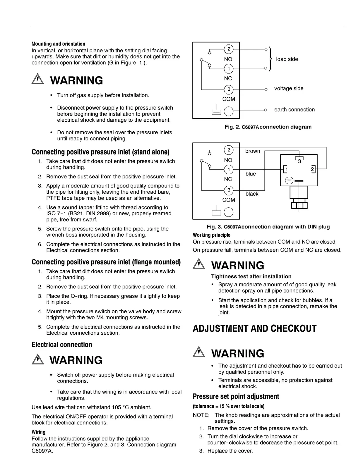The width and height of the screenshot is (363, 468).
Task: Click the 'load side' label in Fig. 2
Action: click(x=287, y=59)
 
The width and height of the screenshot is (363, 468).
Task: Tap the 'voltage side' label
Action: click(x=289, y=88)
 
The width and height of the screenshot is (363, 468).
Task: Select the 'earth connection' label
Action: click(x=294, y=110)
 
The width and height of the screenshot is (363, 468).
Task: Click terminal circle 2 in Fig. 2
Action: click(x=229, y=49)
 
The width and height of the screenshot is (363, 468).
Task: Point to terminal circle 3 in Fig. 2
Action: click(x=229, y=89)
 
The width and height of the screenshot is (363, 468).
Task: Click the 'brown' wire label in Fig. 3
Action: click(x=253, y=151)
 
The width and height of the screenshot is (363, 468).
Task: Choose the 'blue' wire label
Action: click(x=251, y=174)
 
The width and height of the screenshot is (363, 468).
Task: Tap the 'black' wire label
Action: click(x=252, y=194)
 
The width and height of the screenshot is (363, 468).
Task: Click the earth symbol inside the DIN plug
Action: click(x=289, y=180)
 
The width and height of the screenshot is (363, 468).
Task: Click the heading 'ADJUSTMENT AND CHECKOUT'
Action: click(x=254, y=328)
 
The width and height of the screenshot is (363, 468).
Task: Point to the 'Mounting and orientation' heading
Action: click(x=58, y=44)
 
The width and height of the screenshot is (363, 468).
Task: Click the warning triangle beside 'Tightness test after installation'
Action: click(x=199, y=264)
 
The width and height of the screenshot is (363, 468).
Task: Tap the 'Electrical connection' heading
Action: click(x=62, y=345)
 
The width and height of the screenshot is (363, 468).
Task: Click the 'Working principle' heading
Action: click(x=211, y=235)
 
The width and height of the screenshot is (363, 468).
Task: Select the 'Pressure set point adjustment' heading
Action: click(x=236, y=396)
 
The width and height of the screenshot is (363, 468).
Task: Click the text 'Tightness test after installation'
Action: click(x=251, y=276)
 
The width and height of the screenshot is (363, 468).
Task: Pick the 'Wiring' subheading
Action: click(x=38, y=432)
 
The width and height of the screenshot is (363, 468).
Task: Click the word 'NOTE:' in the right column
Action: click(x=201, y=415)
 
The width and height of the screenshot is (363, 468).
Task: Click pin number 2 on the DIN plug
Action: click(x=312, y=169)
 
